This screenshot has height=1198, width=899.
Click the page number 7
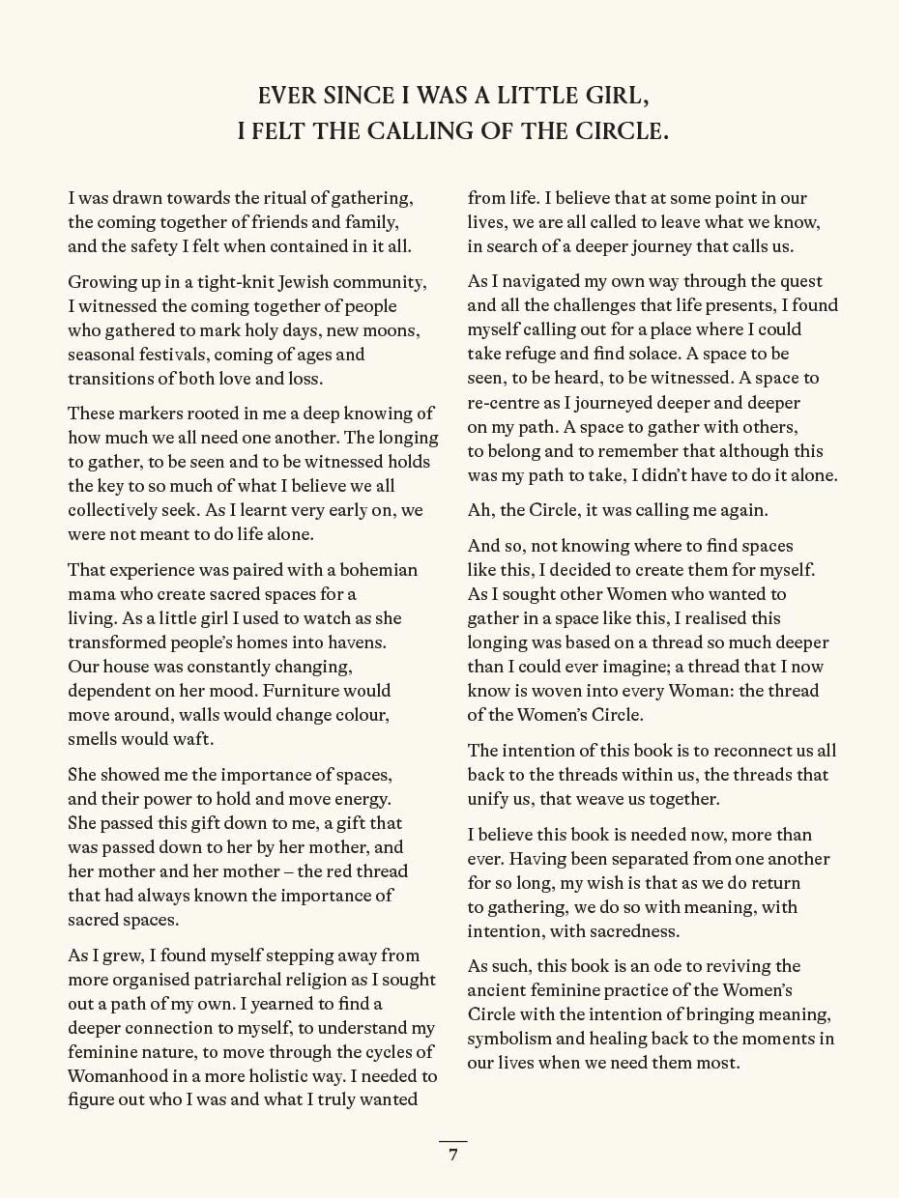pos(452,1155)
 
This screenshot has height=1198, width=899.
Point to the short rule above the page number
pos(452,1141)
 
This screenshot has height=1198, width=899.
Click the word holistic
pos(285,1076)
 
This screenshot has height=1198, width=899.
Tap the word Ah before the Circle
pos(479,510)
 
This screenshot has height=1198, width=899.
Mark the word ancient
pos(498,990)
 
